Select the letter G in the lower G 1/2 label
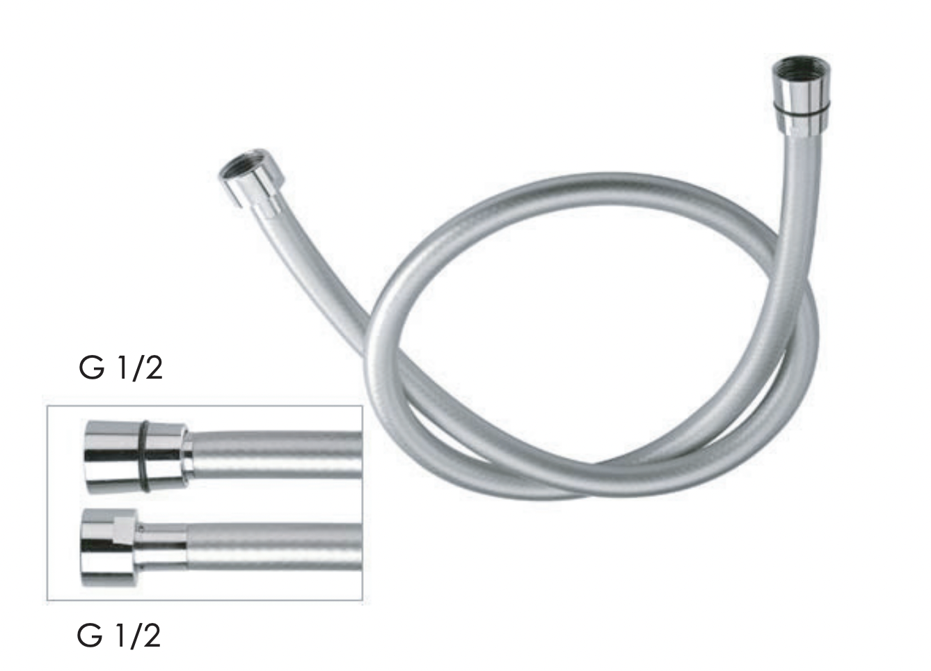click(90, 636)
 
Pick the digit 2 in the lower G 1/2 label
click(152, 636)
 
